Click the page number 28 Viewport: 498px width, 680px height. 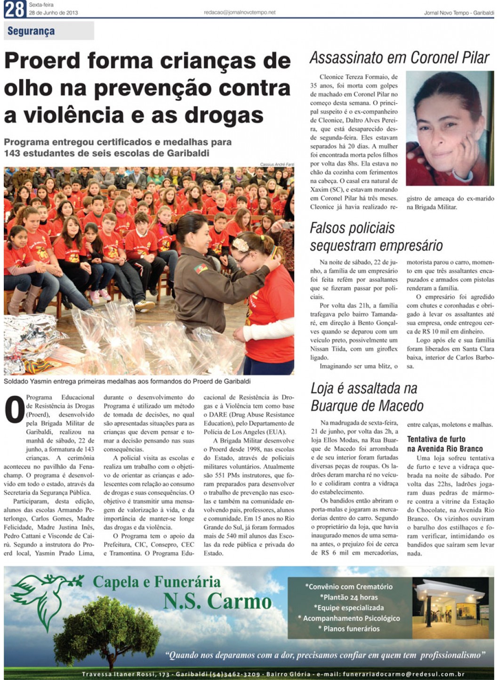pyautogui.click(x=15, y=9)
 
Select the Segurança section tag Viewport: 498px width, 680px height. pyautogui.click(x=31, y=31)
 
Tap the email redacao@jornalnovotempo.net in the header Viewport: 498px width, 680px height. pyautogui.click(x=240, y=13)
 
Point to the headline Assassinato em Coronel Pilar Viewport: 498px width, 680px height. pyautogui.click(x=400, y=57)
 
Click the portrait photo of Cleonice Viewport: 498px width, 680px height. pyautogui.click(x=449, y=128)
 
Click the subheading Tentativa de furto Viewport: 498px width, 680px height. pyautogui.click(x=436, y=439)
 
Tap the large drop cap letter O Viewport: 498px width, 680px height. pyautogui.click(x=14, y=410)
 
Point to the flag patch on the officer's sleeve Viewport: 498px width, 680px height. pyautogui.click(x=201, y=269)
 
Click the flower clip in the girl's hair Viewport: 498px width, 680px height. pyautogui.click(x=240, y=244)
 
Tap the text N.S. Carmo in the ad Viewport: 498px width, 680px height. pyautogui.click(x=217, y=601)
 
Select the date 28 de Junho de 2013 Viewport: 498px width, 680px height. pyautogui.click(x=53, y=13)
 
